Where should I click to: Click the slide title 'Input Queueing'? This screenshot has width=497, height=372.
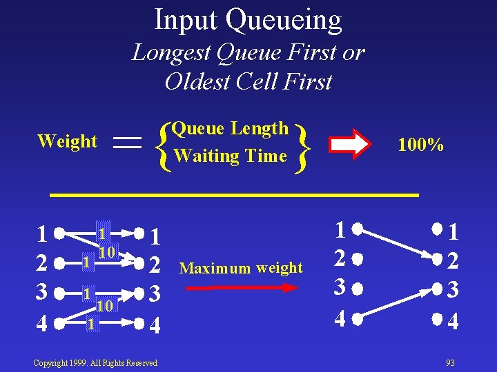coord(248,20)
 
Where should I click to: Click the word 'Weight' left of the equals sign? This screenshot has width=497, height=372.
coord(67,141)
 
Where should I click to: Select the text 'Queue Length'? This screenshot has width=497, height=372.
coord(230,128)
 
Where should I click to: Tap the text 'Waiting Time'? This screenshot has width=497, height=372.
coord(230,156)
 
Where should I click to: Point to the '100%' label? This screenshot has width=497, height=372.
coord(420,145)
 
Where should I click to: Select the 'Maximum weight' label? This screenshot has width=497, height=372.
coord(241,268)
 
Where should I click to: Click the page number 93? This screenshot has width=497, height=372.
coord(450,362)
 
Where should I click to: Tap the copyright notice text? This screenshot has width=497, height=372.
coord(95,362)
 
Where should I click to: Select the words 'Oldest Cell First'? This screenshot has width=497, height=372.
coord(248,81)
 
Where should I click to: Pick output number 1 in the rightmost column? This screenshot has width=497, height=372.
coord(453,234)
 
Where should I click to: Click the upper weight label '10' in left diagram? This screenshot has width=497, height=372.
coord(106,253)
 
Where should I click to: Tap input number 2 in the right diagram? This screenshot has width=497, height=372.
coord(340,258)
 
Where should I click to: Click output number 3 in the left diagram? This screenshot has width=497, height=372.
coord(156,293)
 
